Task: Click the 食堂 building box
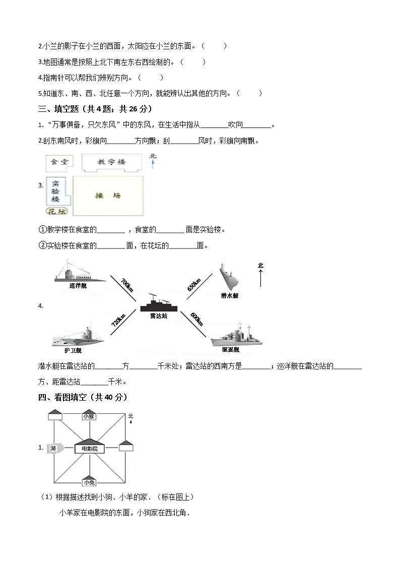coord(59,162)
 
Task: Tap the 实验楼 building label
coord(55,192)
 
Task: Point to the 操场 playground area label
coord(108,196)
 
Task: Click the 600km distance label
coord(196,320)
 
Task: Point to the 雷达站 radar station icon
coord(160,304)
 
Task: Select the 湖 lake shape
coord(53,448)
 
